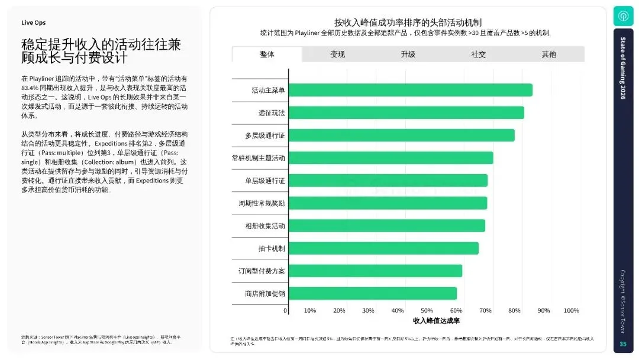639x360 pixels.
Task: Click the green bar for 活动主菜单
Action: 410,90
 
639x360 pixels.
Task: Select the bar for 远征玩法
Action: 406,112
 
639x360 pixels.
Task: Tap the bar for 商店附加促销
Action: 372,293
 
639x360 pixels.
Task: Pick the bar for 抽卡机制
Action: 383,248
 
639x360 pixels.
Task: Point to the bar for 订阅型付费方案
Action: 375,271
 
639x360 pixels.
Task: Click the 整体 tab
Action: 267,54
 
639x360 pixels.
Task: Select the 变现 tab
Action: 337,54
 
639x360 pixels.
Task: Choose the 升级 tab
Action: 408,54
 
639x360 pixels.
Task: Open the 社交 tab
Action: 478,54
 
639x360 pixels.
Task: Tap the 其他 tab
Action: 548,54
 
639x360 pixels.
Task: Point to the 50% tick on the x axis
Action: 427,310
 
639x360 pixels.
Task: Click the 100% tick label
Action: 571,310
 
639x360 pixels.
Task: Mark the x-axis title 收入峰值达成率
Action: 436,320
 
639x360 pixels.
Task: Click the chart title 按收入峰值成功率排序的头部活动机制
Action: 408,22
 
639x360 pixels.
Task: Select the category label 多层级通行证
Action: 265,136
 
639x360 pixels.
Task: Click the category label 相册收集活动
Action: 265,226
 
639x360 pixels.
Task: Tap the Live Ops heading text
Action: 33,22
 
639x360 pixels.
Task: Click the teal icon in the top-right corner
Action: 622,15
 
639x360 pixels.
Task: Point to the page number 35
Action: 622,345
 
